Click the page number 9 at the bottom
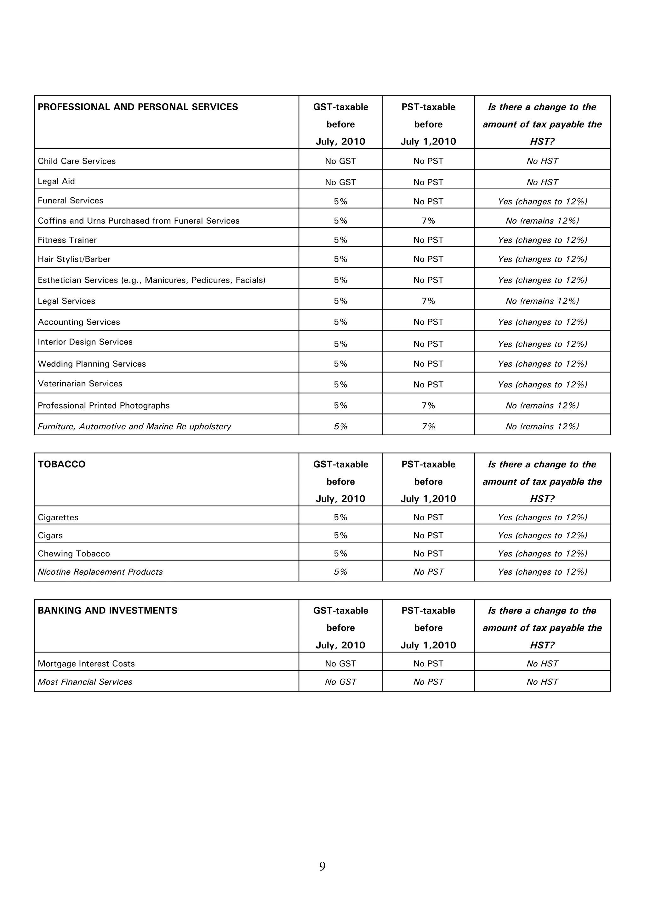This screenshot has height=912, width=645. pyautogui.click(x=322, y=866)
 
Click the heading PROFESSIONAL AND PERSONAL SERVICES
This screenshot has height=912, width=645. pyautogui.click(x=138, y=107)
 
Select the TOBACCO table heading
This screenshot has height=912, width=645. pyautogui.click(x=61, y=464)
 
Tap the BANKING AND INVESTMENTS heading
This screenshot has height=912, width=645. pyautogui.click(x=108, y=611)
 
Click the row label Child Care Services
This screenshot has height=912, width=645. pyautogui.click(x=77, y=161)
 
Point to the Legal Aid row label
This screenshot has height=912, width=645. pyautogui.click(x=56, y=181)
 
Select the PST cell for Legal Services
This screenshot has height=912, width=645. pyautogui.click(x=428, y=301)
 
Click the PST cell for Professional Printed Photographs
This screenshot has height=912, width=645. pyautogui.click(x=428, y=406)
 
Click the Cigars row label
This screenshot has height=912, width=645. pyautogui.click(x=50, y=535)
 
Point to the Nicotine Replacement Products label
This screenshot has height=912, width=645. pyautogui.click(x=100, y=572)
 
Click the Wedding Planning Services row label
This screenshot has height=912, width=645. pyautogui.click(x=92, y=364)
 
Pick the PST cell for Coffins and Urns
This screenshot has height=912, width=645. pyautogui.click(x=428, y=221)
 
